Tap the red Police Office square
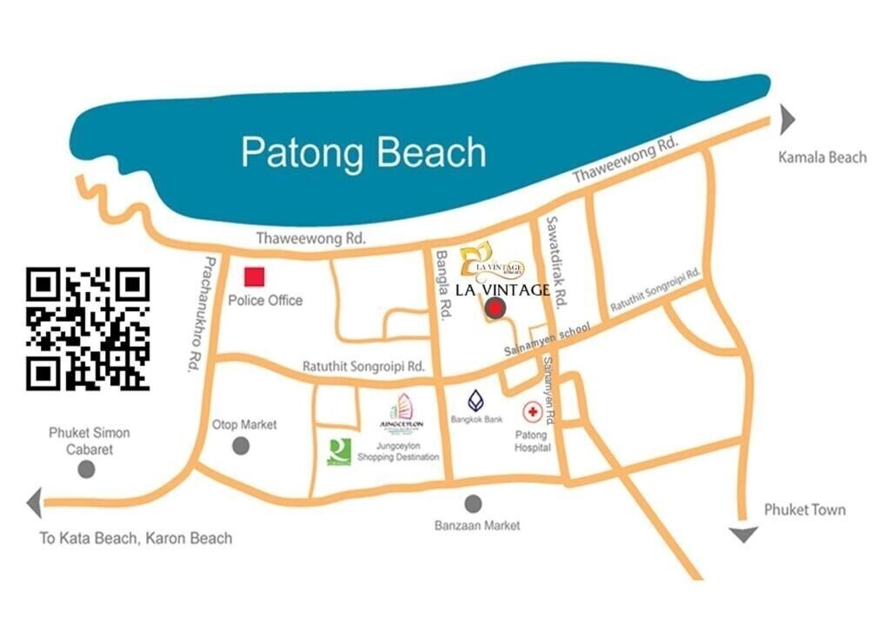tap(254, 277)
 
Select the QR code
tap(88, 329)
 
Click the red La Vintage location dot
tap(495, 307)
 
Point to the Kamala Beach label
tap(822, 157)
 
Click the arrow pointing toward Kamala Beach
tap(787, 119)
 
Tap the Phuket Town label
tap(804, 509)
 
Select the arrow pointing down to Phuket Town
tap(742, 534)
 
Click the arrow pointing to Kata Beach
tap(35, 503)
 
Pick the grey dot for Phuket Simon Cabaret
tap(86, 469)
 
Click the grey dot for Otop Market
tap(241, 446)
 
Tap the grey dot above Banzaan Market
tap(473, 503)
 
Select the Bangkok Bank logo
tap(476, 401)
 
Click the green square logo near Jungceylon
tap(339, 450)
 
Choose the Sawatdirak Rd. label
tap(556, 260)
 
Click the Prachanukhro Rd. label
tap(199, 313)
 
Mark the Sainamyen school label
tap(548, 340)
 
